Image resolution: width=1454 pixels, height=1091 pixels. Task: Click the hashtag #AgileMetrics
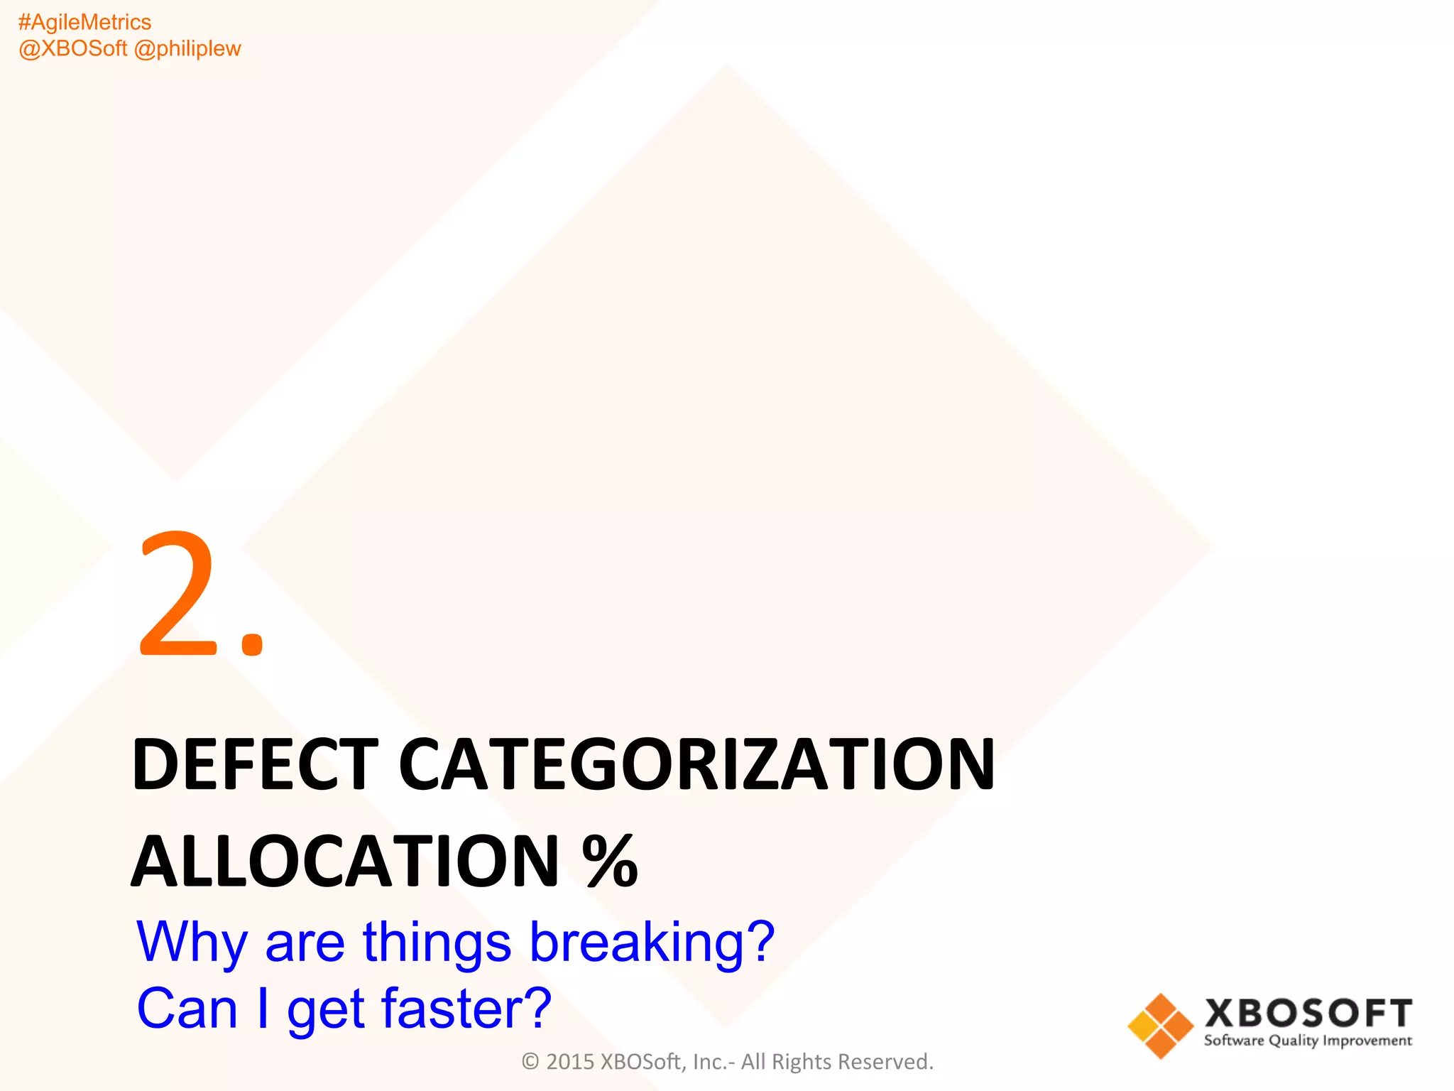click(84, 23)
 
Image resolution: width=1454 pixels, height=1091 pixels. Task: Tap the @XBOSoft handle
click(72, 49)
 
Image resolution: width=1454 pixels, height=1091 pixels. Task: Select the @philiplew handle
click(187, 49)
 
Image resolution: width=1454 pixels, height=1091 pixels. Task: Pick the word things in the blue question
click(437, 942)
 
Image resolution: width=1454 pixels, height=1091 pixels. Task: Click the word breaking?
click(652, 943)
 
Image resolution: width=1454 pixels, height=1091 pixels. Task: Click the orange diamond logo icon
click(1160, 1026)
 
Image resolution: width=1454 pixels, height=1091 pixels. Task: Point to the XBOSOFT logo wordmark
click(1308, 1013)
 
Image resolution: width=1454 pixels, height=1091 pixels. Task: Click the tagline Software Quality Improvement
click(1308, 1041)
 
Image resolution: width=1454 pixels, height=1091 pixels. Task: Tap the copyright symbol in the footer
click(530, 1062)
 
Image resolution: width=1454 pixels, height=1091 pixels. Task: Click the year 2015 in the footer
click(570, 1062)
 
